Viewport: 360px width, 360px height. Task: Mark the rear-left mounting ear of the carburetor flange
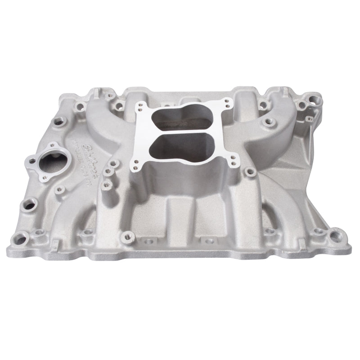point(141,104)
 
